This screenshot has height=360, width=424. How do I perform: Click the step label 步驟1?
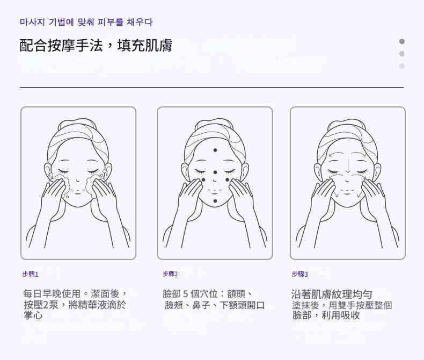tap(30, 274)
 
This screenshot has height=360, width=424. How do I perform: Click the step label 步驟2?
tap(170, 274)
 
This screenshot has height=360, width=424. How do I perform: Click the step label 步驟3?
tap(300, 274)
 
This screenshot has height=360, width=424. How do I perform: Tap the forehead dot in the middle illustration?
tap(215, 150)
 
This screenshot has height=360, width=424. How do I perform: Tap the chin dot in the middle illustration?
tap(215, 201)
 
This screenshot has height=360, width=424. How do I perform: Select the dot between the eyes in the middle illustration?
tap(215, 172)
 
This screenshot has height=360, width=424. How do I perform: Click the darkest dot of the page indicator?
tap(402, 41)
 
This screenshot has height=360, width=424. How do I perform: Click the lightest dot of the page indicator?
tap(402, 66)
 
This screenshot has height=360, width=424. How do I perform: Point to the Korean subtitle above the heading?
tap(86, 22)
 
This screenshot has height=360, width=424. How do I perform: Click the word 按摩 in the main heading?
tap(62, 45)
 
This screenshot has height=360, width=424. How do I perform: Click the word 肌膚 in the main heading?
tap(159, 45)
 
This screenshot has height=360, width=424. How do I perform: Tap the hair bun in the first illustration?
tap(77, 124)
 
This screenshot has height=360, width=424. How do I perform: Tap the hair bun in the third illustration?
tap(347, 124)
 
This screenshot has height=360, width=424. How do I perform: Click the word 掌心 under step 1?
tap(33, 315)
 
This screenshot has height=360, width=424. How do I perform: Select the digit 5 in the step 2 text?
tap(186, 294)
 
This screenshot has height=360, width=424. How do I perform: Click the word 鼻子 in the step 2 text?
tap(201, 305)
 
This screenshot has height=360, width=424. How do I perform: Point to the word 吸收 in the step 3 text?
tap(350, 315)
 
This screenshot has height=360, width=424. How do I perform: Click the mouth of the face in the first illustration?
tap(78, 191)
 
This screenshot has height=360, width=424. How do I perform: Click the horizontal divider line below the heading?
tap(211, 88)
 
